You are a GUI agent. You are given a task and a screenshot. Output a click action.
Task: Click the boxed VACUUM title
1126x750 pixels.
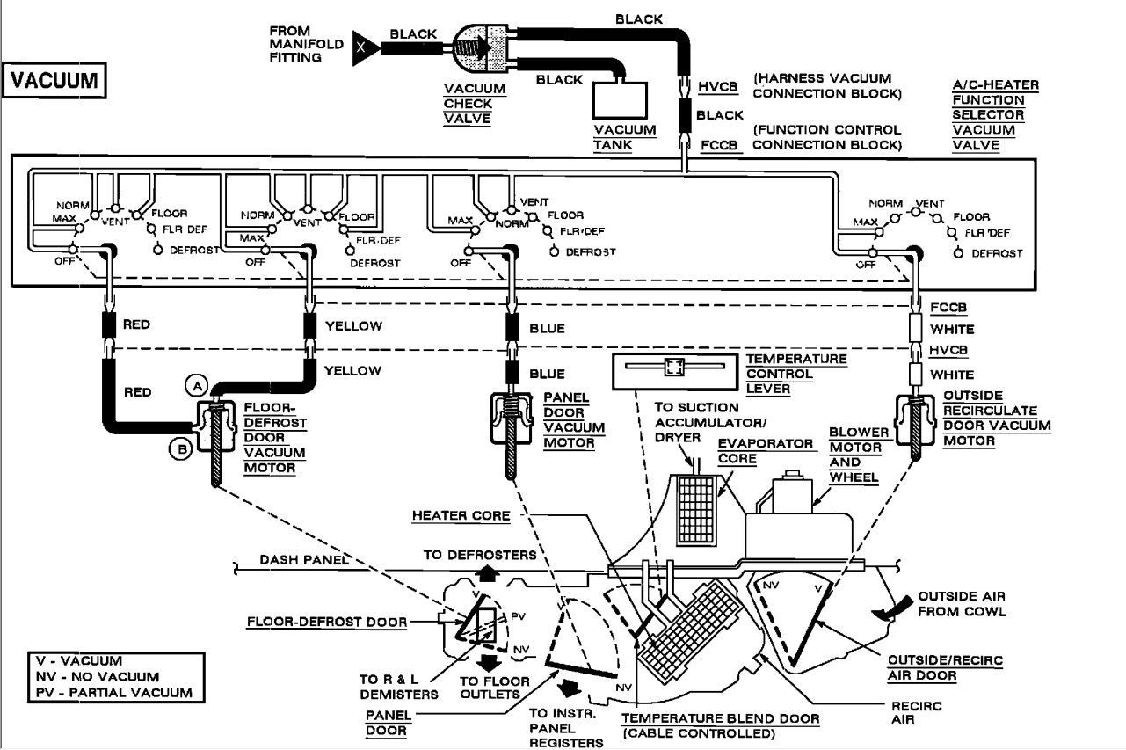pyautogui.click(x=54, y=81)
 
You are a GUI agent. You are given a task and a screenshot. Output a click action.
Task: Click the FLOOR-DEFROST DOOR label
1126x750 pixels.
pyautogui.click(x=327, y=623)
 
